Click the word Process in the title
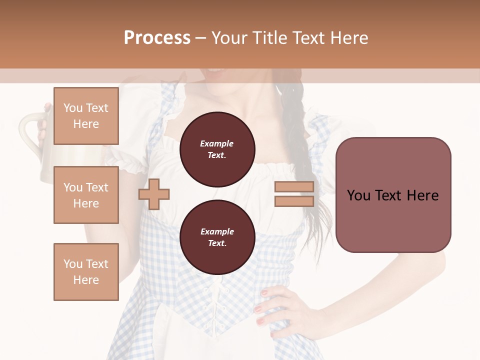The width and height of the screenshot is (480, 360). tap(157, 38)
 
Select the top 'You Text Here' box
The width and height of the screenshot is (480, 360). tap(86, 116)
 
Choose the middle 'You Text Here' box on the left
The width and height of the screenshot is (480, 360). tap(86, 195)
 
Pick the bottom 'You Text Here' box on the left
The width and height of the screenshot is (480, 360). tap(86, 271)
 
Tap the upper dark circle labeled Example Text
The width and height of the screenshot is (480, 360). tap(217, 149)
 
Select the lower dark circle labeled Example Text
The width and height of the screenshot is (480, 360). tap(217, 237)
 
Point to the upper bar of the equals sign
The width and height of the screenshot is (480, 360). tap(294, 187)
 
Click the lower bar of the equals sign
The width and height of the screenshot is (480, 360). tap(294, 201)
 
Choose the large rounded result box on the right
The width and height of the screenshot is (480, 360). tap(393, 195)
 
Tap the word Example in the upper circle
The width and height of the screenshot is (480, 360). tap(217, 143)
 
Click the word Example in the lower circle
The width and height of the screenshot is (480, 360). tap(217, 231)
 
